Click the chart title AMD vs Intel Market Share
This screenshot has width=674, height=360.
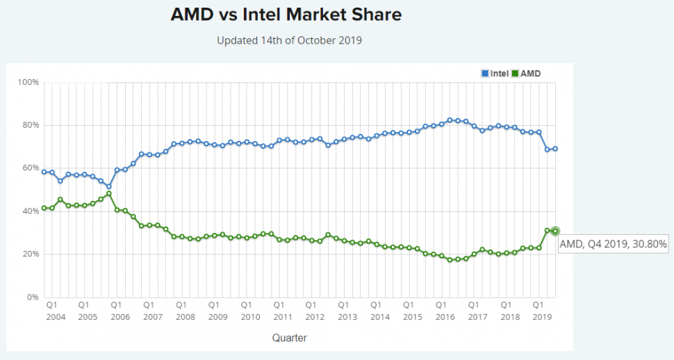point(286,15)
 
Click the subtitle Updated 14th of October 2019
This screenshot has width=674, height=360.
point(289,40)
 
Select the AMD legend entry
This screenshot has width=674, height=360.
point(526,73)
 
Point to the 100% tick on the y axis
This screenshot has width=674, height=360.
point(28,82)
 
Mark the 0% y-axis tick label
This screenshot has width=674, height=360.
point(32,297)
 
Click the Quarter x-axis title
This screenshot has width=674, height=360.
point(289,338)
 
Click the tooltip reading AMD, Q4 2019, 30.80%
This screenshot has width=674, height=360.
point(613,243)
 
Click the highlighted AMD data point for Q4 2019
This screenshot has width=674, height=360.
point(555,231)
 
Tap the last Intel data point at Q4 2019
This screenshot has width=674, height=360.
point(555,149)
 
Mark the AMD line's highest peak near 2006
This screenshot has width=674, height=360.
point(109,193)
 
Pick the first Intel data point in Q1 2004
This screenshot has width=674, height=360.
point(44,172)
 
